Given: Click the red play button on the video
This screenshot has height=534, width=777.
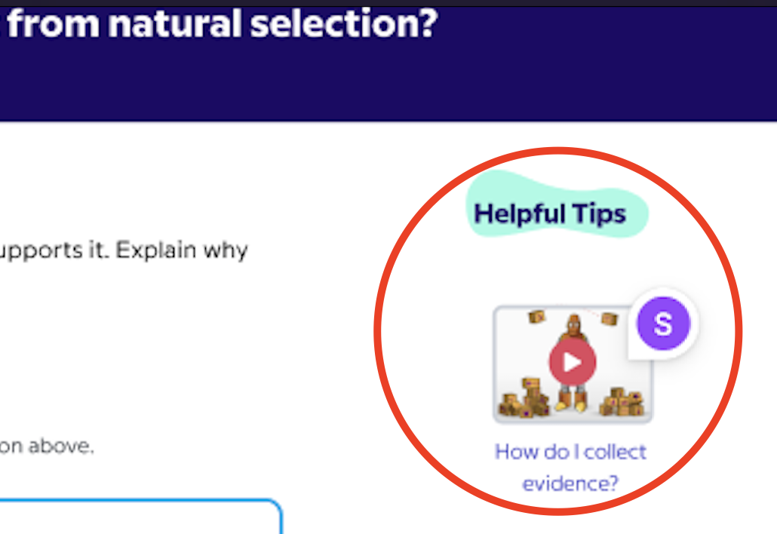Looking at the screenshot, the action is click(x=573, y=362).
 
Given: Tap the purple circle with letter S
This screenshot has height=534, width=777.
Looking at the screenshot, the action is click(x=663, y=324).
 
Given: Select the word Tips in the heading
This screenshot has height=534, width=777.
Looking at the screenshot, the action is click(x=600, y=214).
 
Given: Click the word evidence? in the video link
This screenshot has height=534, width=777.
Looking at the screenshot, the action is click(x=570, y=483).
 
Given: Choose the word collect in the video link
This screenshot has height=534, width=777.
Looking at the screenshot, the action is click(x=615, y=452).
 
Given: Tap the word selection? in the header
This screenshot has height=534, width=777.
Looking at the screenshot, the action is click(x=344, y=23).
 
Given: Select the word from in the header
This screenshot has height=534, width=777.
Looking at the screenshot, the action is click(x=53, y=23).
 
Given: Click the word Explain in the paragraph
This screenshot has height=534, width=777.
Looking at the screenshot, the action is click(x=155, y=250).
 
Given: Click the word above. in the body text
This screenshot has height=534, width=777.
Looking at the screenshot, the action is click(x=60, y=446).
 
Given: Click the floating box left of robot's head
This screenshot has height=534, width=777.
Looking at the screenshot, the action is click(x=536, y=317).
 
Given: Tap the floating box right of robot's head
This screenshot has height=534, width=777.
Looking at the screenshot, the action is click(x=609, y=318).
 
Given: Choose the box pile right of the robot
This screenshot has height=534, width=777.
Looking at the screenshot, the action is click(x=622, y=402).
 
